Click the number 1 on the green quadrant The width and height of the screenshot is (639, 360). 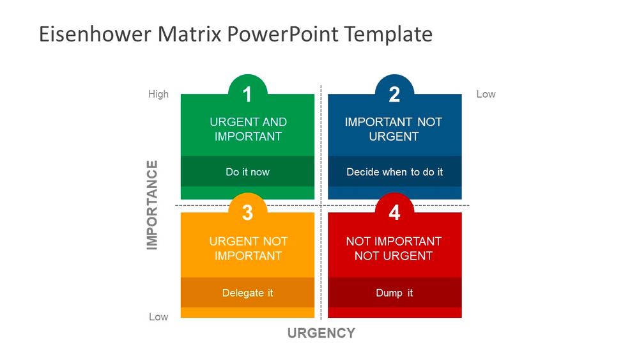pos(247,95)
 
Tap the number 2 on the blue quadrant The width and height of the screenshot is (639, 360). pos(394,95)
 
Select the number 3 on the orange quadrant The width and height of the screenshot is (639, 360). pos(247,212)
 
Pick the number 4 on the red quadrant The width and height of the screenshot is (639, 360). pos(394,212)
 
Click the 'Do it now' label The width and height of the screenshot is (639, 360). pos(247,172)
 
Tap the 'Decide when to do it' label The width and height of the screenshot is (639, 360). pos(394,172)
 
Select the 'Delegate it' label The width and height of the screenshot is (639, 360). pos(247,293)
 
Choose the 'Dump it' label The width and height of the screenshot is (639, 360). pos(394,293)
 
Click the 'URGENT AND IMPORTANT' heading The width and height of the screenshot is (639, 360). pos(248,129)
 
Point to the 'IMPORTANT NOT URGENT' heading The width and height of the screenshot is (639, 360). pos(394,129)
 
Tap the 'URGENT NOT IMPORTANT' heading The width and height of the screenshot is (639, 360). pos(248,249)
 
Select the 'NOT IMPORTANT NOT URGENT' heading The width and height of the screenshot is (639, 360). pos(394,249)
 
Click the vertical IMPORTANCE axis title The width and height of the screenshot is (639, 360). pos(152,205)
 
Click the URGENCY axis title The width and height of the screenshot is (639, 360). pos(321,333)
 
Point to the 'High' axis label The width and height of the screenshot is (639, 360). pos(158,94)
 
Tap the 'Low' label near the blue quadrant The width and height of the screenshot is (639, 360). pos(486,94)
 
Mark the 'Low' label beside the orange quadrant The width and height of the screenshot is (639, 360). pos(158,317)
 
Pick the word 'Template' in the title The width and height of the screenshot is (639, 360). pos(389,34)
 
